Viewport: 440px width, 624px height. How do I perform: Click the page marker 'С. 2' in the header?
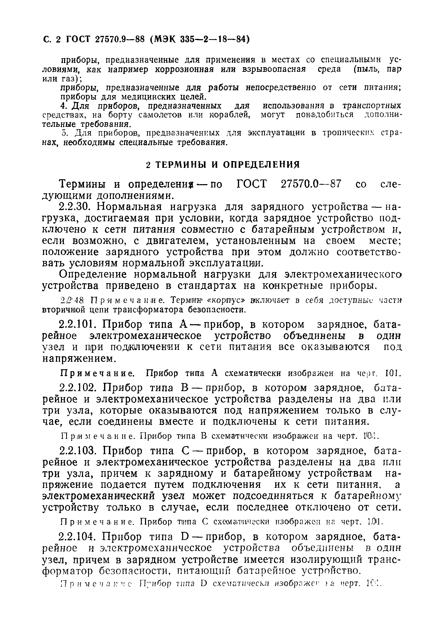pos(51,40)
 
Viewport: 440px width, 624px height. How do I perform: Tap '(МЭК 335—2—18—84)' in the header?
pos(199,40)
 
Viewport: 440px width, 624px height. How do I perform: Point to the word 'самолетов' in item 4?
pos(160,115)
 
